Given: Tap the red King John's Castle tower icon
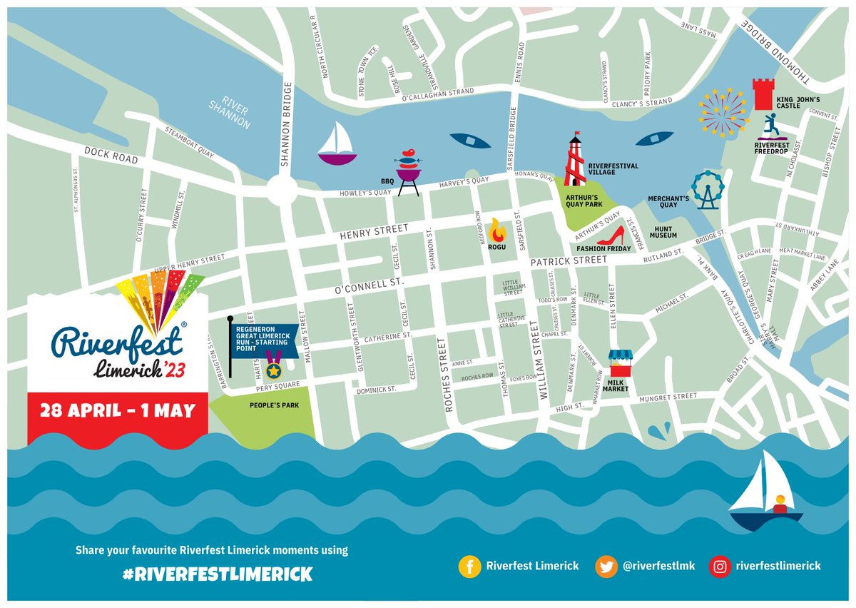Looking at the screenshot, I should click(x=763, y=94).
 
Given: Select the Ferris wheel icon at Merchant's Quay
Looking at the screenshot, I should click(x=707, y=189).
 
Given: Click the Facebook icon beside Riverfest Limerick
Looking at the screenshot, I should click(x=469, y=566).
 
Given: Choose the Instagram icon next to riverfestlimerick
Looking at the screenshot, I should click(x=719, y=566).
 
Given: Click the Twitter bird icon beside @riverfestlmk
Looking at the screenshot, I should click(x=607, y=566).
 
